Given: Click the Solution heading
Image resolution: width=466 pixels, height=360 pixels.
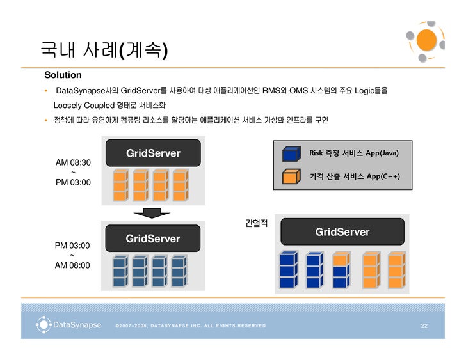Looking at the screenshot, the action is click(x=63, y=75).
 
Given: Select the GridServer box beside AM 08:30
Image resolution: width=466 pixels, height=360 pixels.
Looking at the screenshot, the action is click(x=154, y=153).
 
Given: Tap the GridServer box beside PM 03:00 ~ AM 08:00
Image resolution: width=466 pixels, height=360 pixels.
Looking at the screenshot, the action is click(x=153, y=239).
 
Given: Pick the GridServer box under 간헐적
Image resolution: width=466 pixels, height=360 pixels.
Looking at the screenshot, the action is click(x=342, y=232).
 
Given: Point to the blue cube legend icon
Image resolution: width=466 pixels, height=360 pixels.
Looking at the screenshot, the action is click(x=291, y=153).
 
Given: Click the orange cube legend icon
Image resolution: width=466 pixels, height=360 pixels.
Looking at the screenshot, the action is click(x=291, y=176).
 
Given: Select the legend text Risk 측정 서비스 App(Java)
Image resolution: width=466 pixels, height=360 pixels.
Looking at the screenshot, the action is click(x=354, y=153).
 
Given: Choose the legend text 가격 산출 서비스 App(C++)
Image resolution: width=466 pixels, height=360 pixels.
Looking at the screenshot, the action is click(x=355, y=176).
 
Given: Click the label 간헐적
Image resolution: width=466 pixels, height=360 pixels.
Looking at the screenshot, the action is click(x=256, y=223).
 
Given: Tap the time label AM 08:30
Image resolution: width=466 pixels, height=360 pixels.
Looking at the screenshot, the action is click(x=73, y=162).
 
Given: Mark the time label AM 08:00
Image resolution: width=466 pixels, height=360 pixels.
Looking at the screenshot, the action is click(x=72, y=265).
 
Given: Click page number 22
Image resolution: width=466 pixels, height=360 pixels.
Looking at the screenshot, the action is click(x=424, y=326).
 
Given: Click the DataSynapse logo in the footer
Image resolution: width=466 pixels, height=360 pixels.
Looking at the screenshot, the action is click(x=69, y=325).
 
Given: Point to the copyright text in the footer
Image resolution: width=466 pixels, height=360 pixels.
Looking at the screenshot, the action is click(x=191, y=326).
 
